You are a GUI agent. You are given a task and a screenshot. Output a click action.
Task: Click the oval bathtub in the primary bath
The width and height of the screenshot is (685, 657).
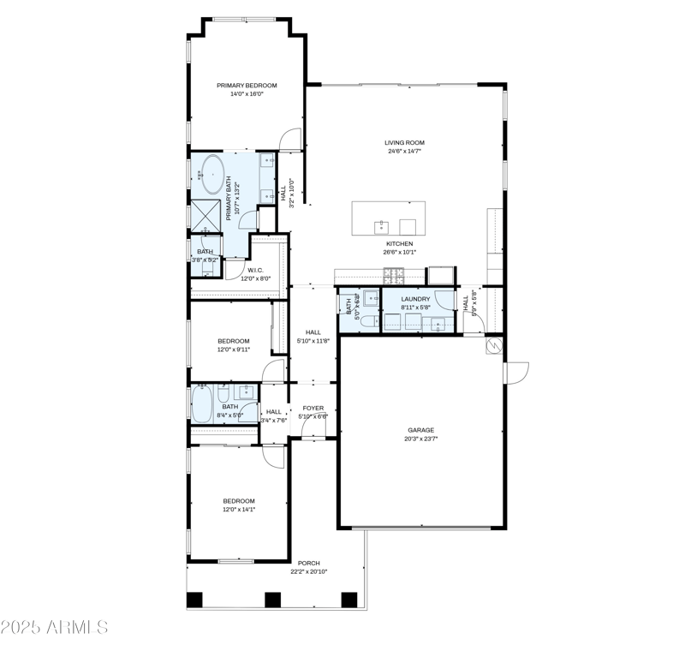click(x=212, y=175)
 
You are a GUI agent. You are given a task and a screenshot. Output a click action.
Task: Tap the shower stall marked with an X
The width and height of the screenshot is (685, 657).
click(x=205, y=214)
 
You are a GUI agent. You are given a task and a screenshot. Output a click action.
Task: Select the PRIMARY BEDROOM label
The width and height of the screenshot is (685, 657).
click(x=247, y=86)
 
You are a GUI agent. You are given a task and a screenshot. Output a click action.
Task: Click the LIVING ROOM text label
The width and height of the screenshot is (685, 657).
click(x=404, y=143)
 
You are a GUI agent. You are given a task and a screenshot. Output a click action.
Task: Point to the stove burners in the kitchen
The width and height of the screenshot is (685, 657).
click(x=396, y=277)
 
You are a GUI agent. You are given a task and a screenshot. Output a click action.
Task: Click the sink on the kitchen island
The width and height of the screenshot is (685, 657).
click(x=379, y=226)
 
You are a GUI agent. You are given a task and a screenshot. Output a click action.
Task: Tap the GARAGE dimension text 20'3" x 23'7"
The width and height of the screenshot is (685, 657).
click(x=420, y=439)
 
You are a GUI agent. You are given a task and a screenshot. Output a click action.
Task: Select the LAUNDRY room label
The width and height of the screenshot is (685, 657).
click(x=415, y=299)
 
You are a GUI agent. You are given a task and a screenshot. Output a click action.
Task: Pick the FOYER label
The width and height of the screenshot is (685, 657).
click(x=313, y=409)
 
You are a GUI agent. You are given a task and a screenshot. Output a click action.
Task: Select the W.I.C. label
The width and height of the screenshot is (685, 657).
click(x=255, y=270)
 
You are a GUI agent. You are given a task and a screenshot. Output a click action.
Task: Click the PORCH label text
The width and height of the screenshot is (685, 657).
click(x=308, y=563)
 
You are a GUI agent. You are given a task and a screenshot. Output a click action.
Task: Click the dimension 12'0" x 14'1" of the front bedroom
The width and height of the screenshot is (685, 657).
click(x=239, y=510)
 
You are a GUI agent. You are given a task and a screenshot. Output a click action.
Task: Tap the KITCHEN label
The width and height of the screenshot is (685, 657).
click(x=399, y=243)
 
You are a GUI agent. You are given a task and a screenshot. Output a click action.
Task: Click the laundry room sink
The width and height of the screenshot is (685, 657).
click(x=439, y=322)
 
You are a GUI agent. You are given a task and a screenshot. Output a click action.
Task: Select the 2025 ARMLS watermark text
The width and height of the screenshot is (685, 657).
click(x=55, y=627)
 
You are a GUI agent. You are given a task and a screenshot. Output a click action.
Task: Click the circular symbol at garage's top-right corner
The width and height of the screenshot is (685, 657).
click(x=493, y=345)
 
